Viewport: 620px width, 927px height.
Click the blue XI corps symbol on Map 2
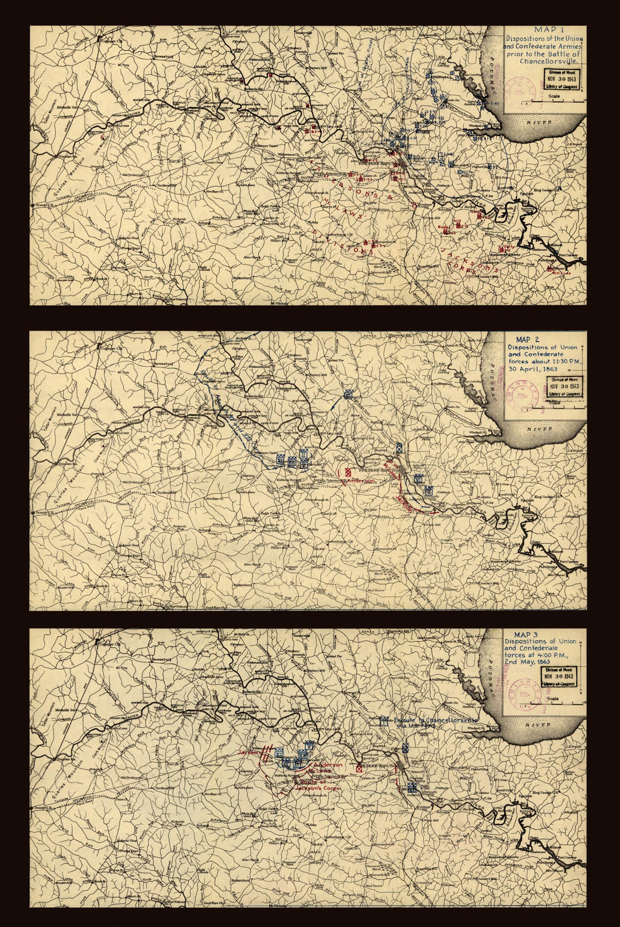click(x=280, y=460)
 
